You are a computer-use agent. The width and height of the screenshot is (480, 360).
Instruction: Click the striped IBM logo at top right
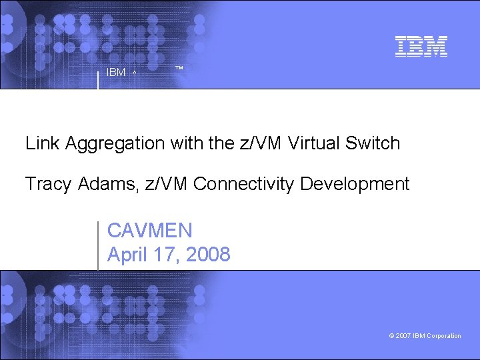(421, 45)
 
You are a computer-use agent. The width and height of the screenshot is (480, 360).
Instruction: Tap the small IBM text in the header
(115, 73)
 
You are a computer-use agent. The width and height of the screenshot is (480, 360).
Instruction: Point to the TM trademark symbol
(179, 69)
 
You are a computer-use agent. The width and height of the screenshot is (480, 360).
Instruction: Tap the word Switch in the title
(373, 143)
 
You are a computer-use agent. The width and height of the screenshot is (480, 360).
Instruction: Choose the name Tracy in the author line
(47, 184)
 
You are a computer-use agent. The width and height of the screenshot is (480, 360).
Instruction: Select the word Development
(355, 184)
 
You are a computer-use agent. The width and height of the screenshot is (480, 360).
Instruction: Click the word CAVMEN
(150, 231)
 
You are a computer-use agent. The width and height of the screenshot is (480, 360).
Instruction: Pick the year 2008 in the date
(209, 254)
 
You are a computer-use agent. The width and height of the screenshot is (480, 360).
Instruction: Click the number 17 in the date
(167, 254)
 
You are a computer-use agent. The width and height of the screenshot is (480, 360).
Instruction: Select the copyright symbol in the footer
(391, 336)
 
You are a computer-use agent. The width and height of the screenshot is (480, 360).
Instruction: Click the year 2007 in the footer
(403, 336)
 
